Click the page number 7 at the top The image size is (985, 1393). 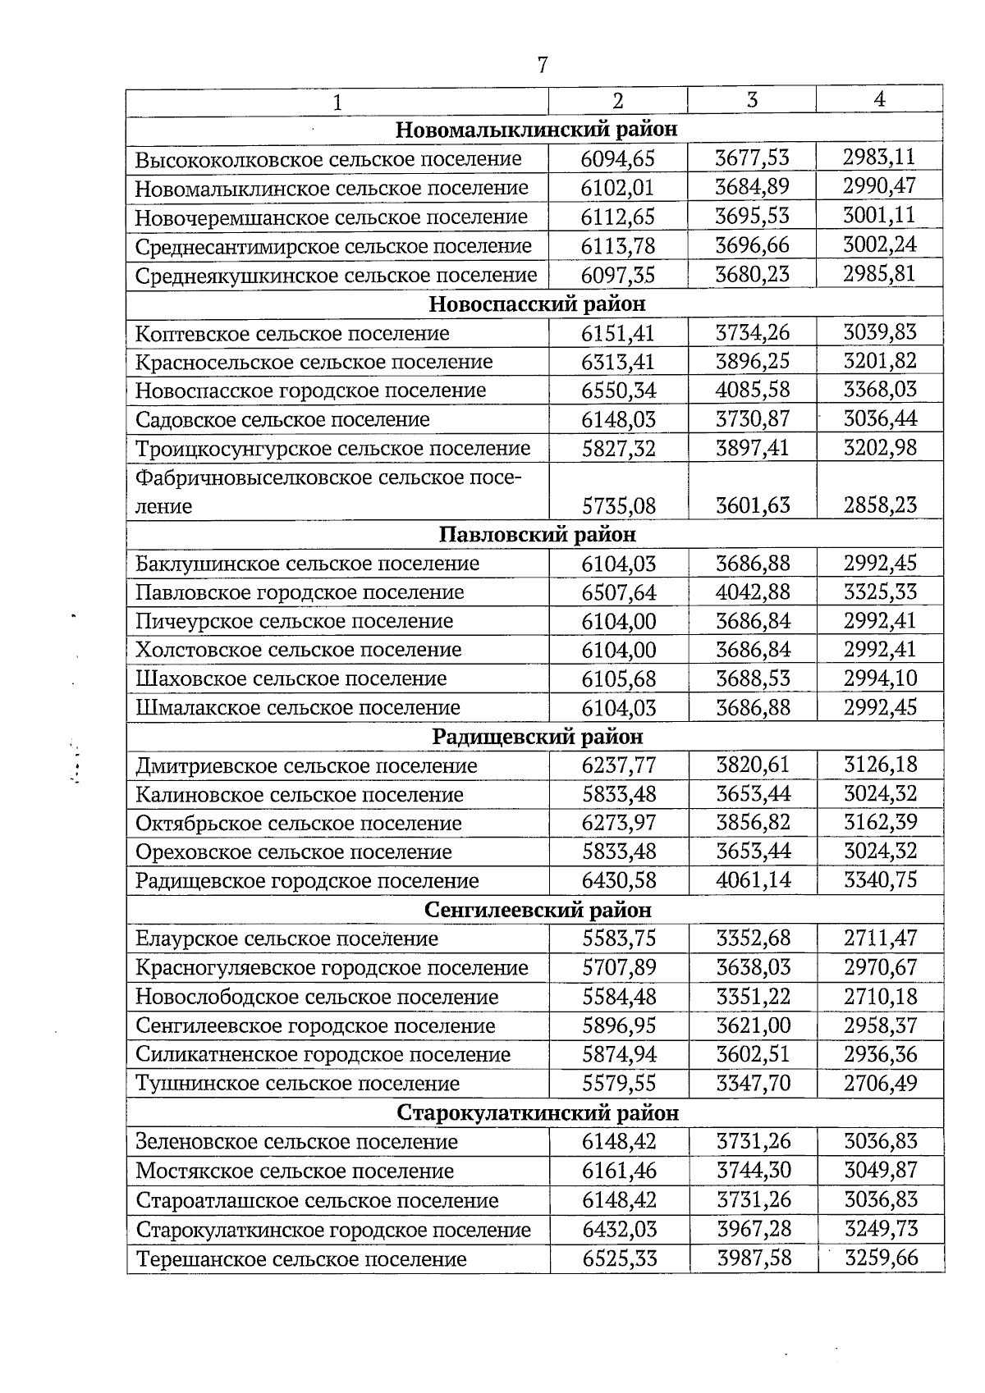tap(542, 65)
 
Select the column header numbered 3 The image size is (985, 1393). tap(751, 99)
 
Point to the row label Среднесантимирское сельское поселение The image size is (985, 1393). tap(333, 246)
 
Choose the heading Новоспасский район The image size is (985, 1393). tap(537, 304)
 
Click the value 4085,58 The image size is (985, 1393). tap(752, 390)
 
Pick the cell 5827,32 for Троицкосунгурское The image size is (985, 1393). tap(618, 449)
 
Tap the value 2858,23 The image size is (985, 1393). tap(880, 505)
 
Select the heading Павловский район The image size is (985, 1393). tap(537, 535)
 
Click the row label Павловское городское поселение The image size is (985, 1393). tap(300, 592)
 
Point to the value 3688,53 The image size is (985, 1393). tap(753, 678)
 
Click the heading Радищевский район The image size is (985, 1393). tap(537, 737)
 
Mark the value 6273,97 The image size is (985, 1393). tap(618, 823)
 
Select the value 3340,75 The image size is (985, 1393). tap(881, 880)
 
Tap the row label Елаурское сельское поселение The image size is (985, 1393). tap(287, 939)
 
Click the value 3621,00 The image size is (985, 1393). tap(753, 1025)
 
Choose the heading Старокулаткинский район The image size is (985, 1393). tap(538, 1112)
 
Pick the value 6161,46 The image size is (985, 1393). tap(619, 1171)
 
